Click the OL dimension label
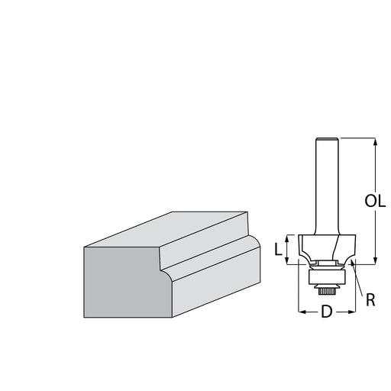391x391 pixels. pyautogui.click(x=375, y=201)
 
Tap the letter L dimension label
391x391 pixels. pyautogui.click(x=278, y=249)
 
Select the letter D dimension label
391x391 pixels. pyautogui.click(x=327, y=312)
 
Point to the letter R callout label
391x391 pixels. pyautogui.click(x=370, y=300)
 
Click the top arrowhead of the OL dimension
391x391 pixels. pyautogui.click(x=375, y=141)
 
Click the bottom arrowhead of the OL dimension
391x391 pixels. pyautogui.click(x=375, y=261)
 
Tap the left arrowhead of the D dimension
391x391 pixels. pyautogui.click(x=302, y=312)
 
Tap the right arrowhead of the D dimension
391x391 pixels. pyautogui.click(x=352, y=312)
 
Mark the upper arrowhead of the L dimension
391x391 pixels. pyautogui.click(x=287, y=238)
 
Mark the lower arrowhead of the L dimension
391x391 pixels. pyautogui.click(x=287, y=261)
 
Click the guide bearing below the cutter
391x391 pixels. pyautogui.click(x=327, y=277)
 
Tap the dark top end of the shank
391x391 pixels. pyautogui.click(x=327, y=139)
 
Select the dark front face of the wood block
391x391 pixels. pyautogui.click(x=124, y=282)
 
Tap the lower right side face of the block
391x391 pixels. pyautogui.click(x=216, y=283)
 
